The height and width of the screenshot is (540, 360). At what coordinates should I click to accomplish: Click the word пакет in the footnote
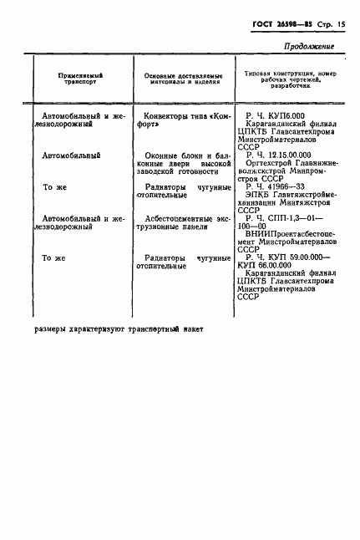(x=191, y=329)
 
